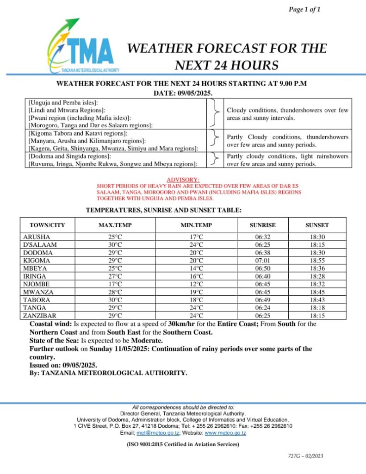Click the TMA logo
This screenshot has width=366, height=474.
pyautogui.click(x=82, y=47)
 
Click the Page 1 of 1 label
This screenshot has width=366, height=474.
pyautogui.click(x=304, y=9)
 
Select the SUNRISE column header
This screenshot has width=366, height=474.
pyautogui.click(x=262, y=225)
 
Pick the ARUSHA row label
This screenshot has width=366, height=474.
pyautogui.click(x=37, y=237)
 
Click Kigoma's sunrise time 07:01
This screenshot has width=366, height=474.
pyautogui.click(x=262, y=261)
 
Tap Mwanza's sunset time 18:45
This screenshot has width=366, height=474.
pyautogui.click(x=317, y=292)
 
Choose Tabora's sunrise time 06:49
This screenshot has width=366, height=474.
pyautogui.click(x=262, y=300)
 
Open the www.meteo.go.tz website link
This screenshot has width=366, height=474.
pyautogui.click(x=225, y=433)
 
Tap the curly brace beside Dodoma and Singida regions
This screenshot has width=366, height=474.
pyautogui.click(x=214, y=159)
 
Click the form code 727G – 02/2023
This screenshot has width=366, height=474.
pyautogui.click(x=305, y=456)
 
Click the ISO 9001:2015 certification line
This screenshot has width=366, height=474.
pyautogui.click(x=183, y=444)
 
